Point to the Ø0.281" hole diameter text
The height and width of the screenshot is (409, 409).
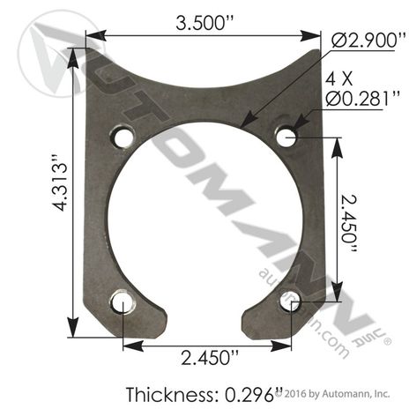pos(362,98)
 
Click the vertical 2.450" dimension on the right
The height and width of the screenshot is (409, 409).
pos(349,223)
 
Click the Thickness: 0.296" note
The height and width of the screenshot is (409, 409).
pos(204,394)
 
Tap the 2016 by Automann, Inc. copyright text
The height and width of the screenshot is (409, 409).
pos(333,393)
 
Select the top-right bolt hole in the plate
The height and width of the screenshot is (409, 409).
pos(286,137)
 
